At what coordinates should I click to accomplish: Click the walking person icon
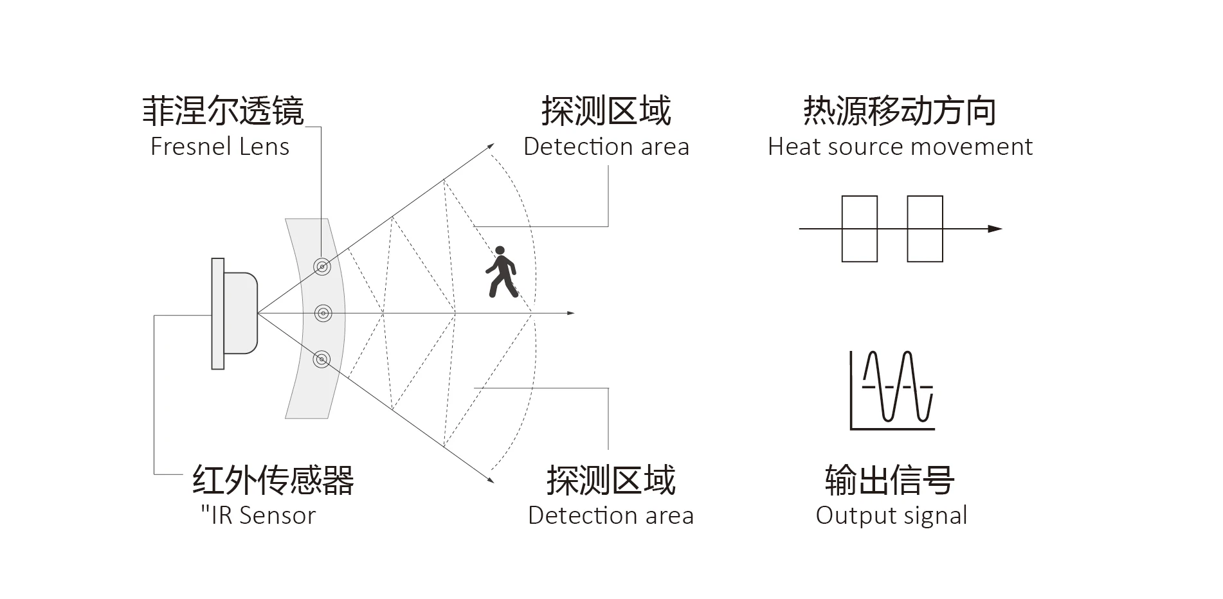point(501,272)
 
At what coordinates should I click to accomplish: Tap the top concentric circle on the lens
point(322,265)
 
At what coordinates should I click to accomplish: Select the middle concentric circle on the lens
point(323,313)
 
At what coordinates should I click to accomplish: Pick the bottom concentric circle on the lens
point(322,359)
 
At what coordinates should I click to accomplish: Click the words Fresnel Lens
point(220,147)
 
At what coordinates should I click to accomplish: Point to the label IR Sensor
point(258,515)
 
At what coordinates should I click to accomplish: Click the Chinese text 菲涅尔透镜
point(222,111)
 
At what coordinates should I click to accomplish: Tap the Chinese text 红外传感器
point(273,479)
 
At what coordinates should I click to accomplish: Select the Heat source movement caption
point(900,147)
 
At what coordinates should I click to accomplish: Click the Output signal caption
point(891,515)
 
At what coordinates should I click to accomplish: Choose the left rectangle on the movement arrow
point(859,229)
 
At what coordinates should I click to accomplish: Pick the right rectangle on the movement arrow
point(925,229)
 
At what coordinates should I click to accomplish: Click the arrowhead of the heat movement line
point(995,229)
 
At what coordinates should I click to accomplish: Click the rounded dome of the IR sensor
point(241,313)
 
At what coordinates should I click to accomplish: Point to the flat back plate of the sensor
point(218,314)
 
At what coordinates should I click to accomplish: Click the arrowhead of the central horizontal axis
point(570,313)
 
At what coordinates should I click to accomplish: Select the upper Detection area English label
point(606,147)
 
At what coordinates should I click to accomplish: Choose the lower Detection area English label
point(611,515)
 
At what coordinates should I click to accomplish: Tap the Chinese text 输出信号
point(889,479)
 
